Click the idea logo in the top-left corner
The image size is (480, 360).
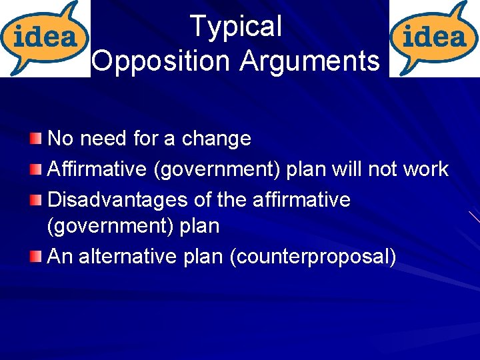click(45, 38)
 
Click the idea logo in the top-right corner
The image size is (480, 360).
click(434, 38)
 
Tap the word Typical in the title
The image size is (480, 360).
click(236, 27)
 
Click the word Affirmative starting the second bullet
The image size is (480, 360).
click(97, 169)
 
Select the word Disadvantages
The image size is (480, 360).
click(116, 200)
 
